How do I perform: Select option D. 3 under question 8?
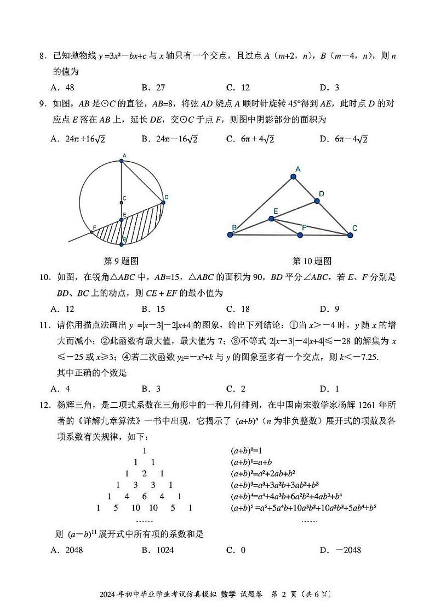329,87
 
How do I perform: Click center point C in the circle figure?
122,203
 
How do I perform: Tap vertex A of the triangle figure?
294,176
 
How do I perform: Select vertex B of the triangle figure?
231,235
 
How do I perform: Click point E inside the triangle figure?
272,219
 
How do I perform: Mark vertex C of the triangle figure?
351,235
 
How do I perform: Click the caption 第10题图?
312,260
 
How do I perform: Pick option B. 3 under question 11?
151,389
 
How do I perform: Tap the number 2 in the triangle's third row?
144,474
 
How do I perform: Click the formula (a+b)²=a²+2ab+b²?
265,474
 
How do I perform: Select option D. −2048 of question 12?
340,550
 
